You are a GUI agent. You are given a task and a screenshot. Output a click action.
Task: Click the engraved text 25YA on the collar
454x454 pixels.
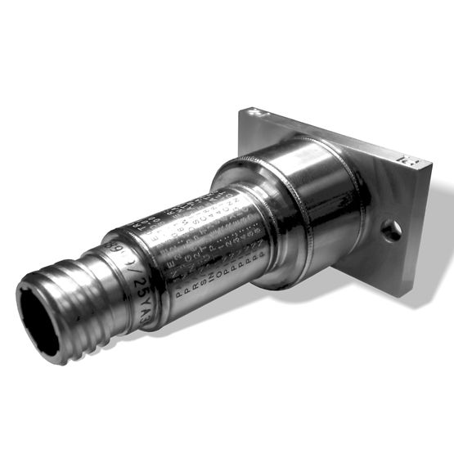pos(138,288)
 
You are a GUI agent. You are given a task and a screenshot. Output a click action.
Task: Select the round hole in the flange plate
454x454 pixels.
pos(392,231)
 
